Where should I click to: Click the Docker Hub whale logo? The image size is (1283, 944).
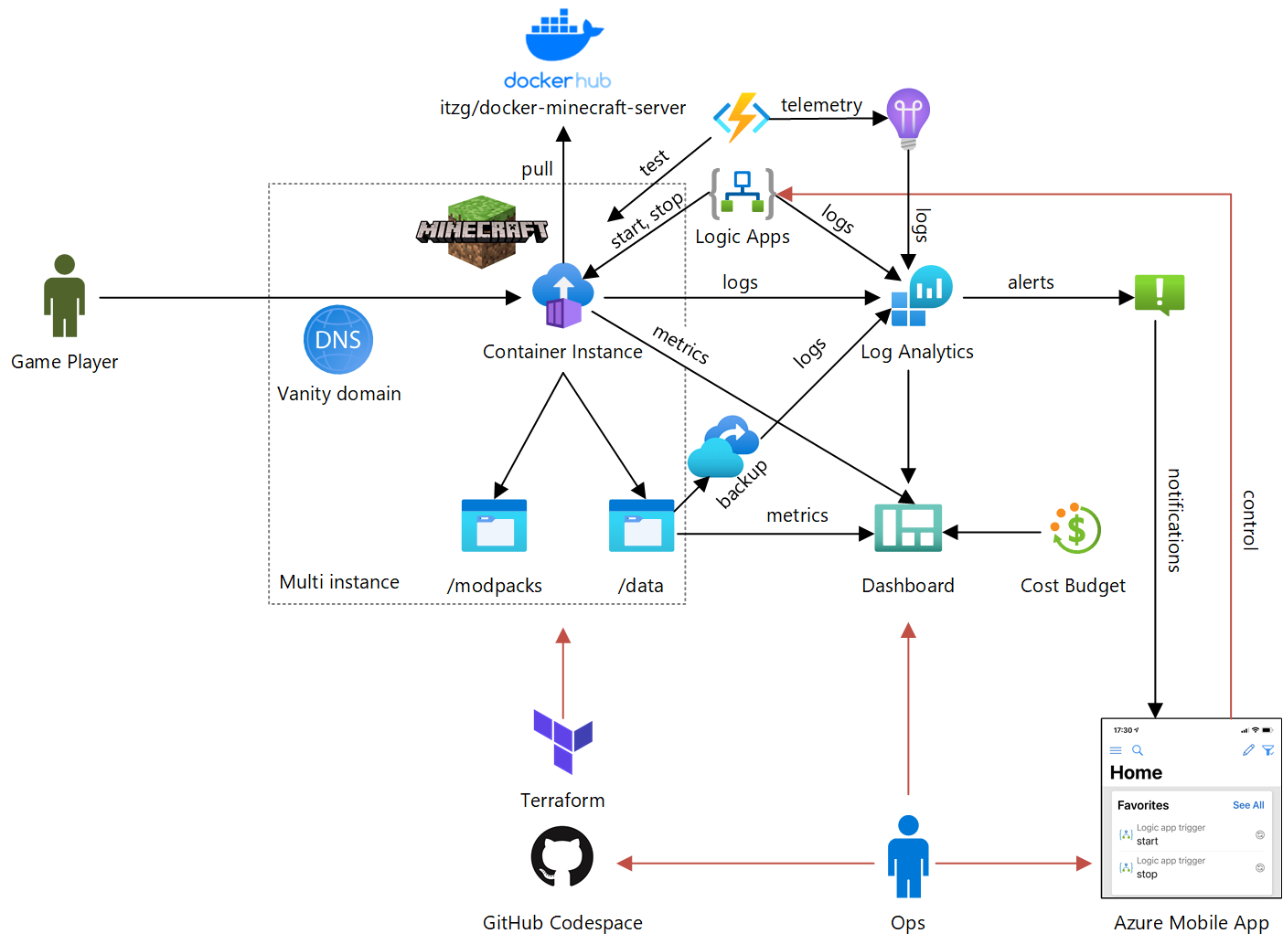(x=563, y=37)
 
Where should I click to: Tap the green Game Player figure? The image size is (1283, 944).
(x=64, y=296)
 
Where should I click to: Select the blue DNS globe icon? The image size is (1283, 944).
(x=338, y=340)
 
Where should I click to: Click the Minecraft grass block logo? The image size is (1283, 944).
(x=482, y=231)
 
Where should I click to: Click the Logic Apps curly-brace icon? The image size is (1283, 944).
(x=742, y=194)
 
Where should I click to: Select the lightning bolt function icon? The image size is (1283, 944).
(x=741, y=118)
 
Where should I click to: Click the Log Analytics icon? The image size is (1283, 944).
(x=921, y=296)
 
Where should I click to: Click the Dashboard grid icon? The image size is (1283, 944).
(x=908, y=528)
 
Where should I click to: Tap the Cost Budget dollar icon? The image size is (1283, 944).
(x=1075, y=529)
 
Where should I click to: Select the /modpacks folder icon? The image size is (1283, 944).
(x=494, y=526)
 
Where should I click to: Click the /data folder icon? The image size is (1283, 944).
(x=641, y=526)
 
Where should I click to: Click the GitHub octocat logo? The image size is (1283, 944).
(x=562, y=857)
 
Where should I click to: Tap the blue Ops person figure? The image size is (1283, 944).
(x=908, y=857)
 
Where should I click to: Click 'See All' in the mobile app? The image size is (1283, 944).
(x=1247, y=805)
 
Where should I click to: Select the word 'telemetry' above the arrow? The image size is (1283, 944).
(x=821, y=105)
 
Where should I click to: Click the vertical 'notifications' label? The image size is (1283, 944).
(x=1174, y=520)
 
